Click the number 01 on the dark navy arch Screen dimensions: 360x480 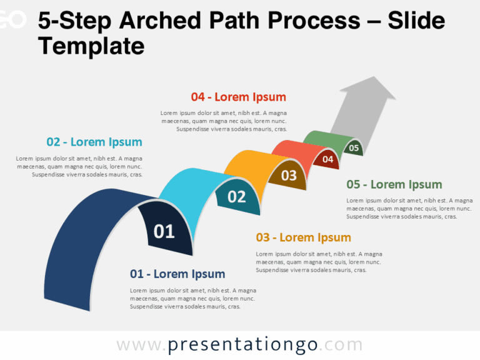pos(164,232)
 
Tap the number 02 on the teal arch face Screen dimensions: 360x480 pos(237,197)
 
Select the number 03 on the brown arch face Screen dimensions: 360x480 pos(289,176)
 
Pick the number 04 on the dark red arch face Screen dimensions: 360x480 pos(327,159)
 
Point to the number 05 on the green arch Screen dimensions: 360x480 pos(354,148)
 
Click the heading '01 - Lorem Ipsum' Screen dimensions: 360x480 pos(177,274)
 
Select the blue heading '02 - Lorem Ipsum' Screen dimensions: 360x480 pos(94,142)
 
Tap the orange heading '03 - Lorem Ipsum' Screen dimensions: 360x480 pos(304,237)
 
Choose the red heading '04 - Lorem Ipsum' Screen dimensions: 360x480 pos(238,97)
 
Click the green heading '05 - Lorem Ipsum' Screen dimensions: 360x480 pos(394,184)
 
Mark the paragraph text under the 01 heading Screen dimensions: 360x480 pos(193,299)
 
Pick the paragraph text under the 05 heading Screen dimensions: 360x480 pos(409,208)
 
